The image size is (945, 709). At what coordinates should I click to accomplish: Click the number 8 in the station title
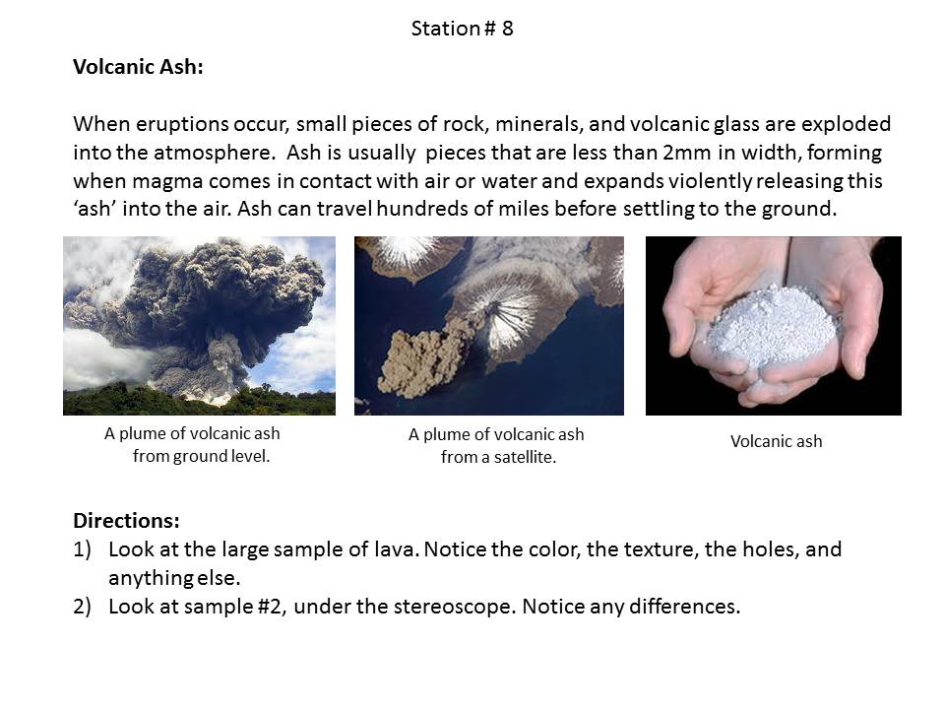[508, 29]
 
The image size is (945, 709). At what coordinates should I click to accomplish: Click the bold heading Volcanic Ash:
[138, 66]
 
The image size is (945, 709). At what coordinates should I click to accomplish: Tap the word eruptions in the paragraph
[182, 124]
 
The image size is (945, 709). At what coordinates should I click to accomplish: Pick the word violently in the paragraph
[709, 181]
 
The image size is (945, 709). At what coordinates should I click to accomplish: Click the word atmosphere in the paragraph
[214, 153]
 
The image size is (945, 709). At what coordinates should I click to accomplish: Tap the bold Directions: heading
[127, 520]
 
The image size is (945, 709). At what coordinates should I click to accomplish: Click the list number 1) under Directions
[82, 549]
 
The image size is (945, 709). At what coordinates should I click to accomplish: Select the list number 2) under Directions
[82, 607]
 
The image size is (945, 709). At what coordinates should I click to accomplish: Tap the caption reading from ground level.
[201, 456]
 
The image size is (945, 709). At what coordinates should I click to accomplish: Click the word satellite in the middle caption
[525, 458]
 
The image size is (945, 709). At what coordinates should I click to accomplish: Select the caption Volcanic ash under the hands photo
[777, 441]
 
